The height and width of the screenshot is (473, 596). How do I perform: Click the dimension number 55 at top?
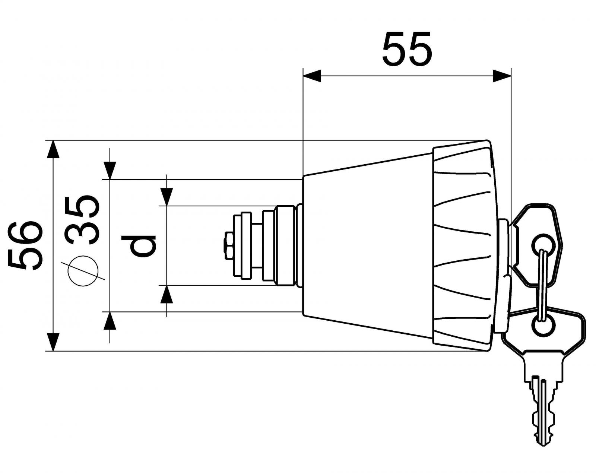[x=407, y=49]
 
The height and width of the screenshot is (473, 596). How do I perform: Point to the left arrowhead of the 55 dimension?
[x=312, y=76]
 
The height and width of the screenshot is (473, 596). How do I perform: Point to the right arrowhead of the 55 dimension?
[x=501, y=76]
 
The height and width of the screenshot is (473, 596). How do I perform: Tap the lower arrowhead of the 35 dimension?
[x=110, y=321]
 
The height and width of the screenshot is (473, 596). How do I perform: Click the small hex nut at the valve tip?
[x=228, y=246]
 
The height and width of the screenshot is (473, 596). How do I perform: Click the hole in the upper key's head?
[x=544, y=242]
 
